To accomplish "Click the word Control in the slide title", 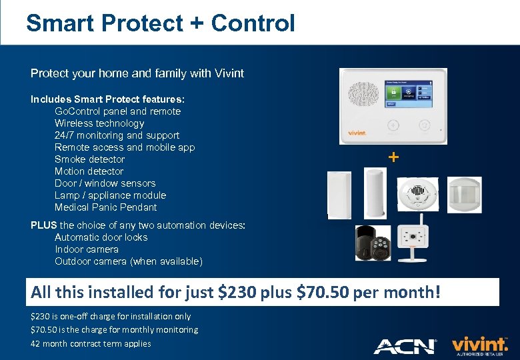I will coord(253,23).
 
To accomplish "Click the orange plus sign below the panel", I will coord(394,157).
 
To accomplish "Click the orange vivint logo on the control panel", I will coord(357,133).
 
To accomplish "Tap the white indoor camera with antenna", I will coord(411,241).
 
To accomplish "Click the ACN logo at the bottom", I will coord(405,346).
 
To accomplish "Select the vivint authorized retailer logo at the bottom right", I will coord(480,346).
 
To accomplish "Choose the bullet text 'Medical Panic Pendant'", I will coord(105,207).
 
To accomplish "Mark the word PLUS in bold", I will coord(44,225).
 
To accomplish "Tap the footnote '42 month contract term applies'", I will coord(91,344).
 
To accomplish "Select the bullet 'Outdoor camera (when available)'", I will coord(128,261).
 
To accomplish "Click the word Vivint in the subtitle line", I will coord(228,73).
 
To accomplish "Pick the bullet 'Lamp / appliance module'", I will coord(110,195).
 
